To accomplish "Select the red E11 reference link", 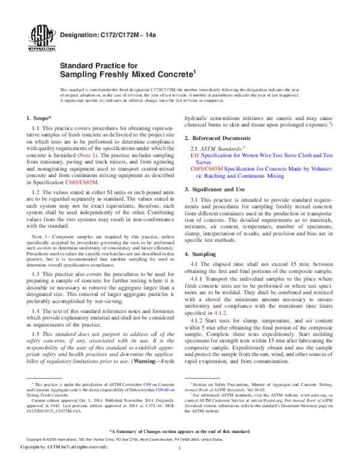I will (x=194, y=155).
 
